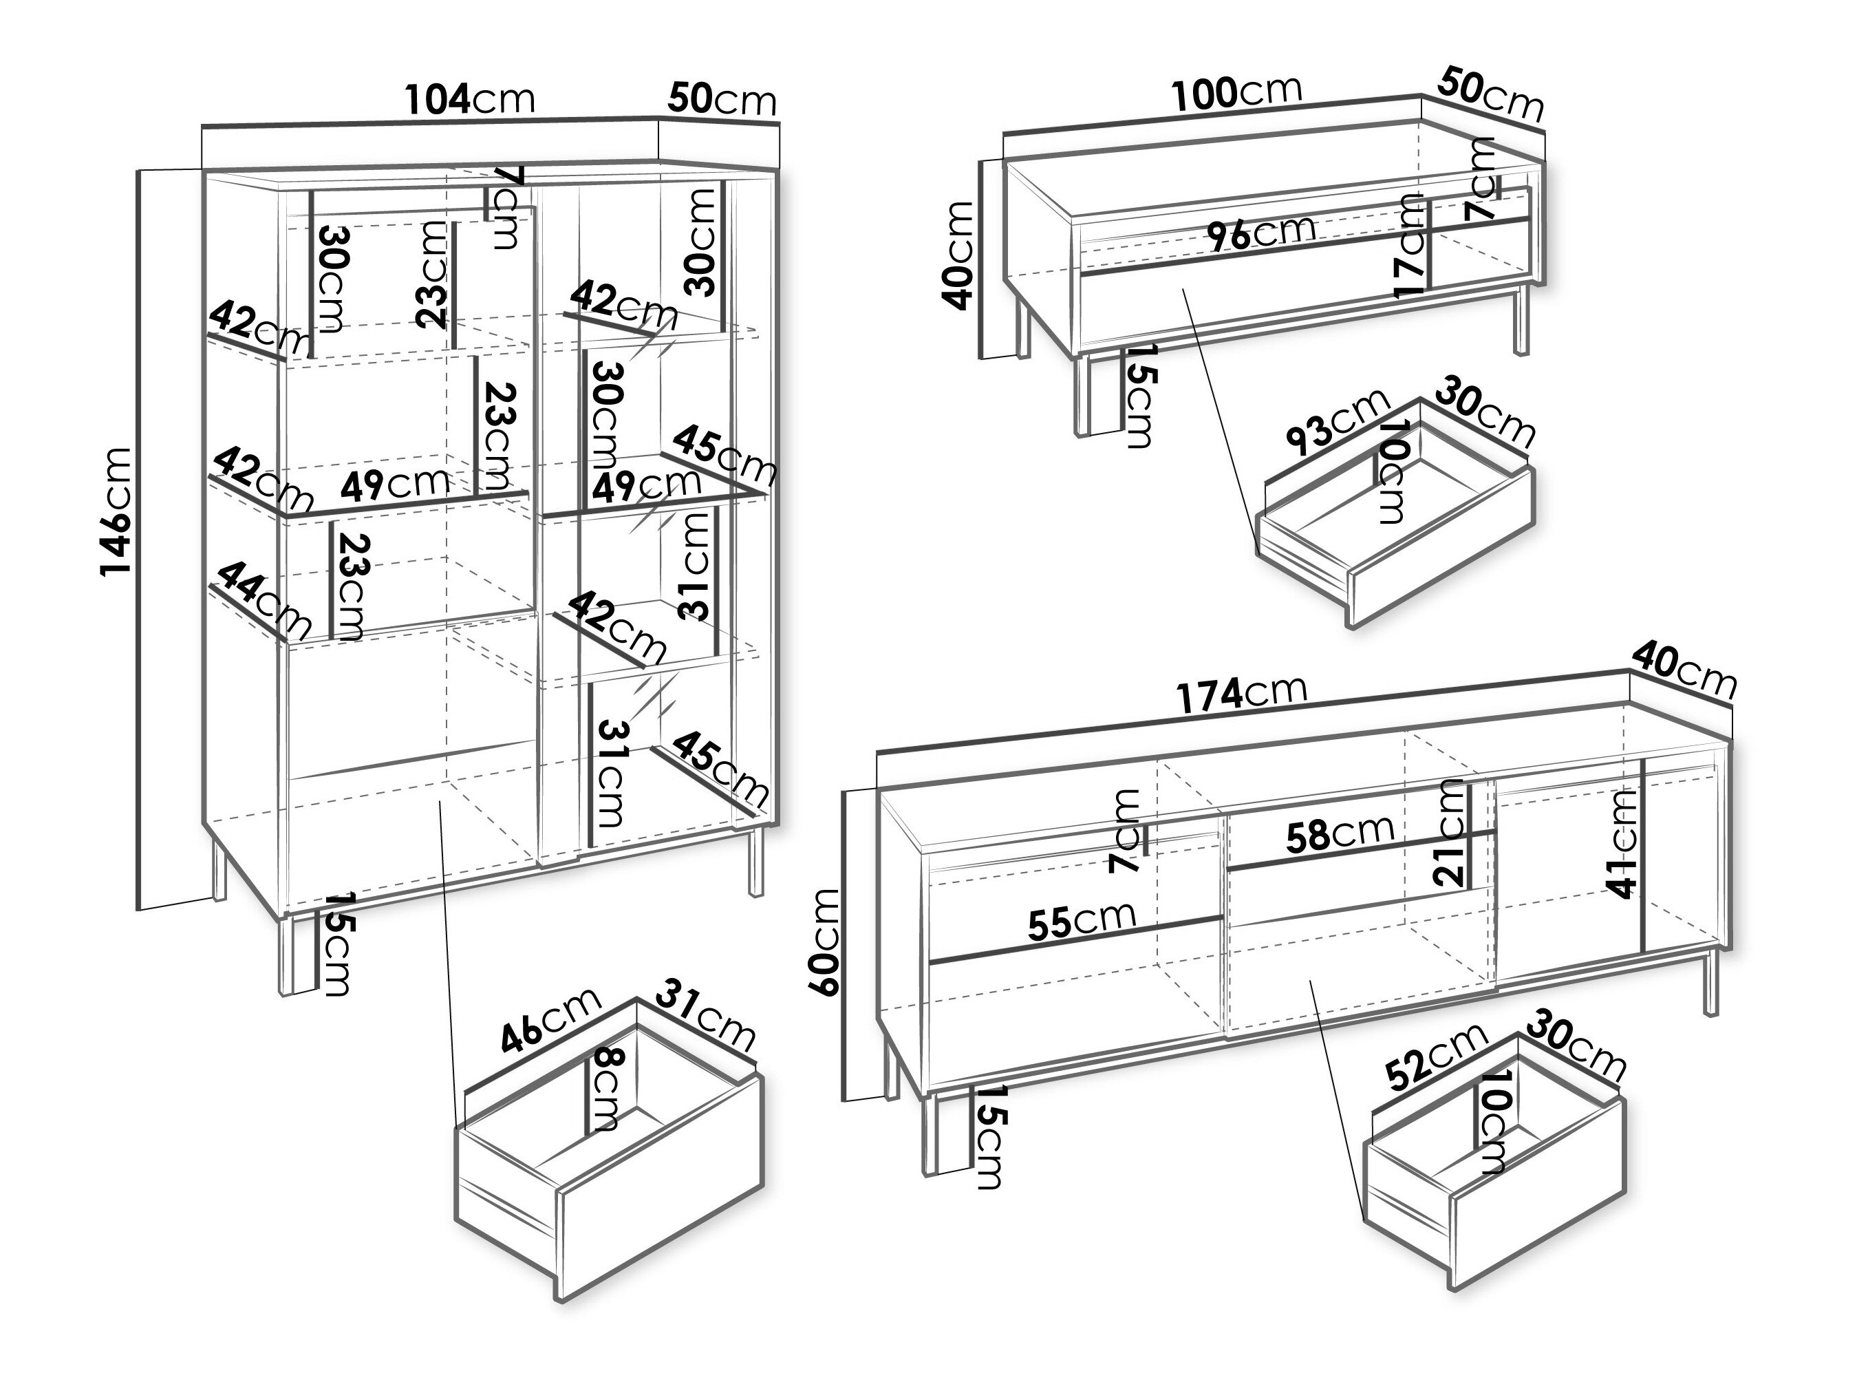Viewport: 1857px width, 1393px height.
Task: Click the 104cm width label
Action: [470, 99]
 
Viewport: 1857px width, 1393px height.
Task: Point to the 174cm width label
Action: [1241, 693]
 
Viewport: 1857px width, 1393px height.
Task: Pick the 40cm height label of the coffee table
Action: [958, 255]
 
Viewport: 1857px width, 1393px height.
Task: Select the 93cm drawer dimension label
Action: [1338, 423]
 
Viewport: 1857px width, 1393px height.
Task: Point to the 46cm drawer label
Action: [550, 1019]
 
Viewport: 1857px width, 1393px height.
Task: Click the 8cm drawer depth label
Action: [605, 1089]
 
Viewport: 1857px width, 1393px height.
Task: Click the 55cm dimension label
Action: [1082, 920]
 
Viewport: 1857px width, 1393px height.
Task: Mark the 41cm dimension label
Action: [1624, 843]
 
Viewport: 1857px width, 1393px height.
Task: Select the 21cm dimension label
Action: [1450, 833]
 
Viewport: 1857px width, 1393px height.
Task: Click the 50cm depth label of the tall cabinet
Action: [722, 99]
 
